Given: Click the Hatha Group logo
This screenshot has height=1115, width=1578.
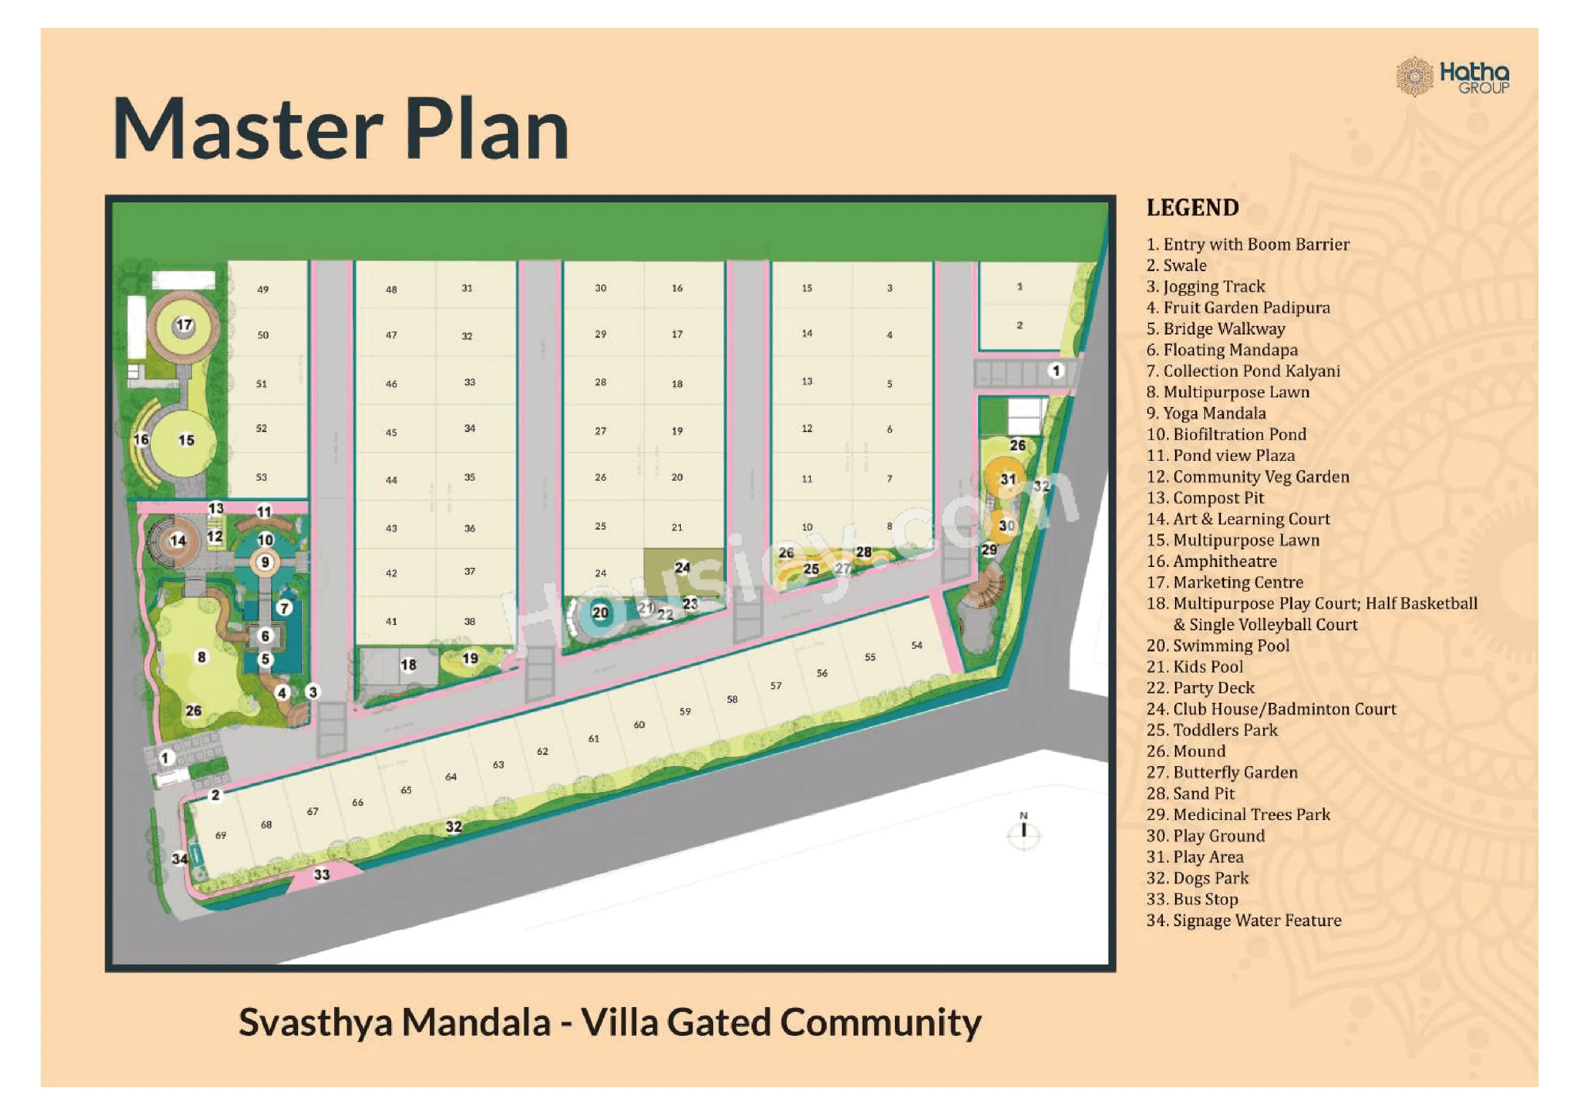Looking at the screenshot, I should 1453,77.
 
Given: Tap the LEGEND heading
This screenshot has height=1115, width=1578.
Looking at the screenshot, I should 1193,207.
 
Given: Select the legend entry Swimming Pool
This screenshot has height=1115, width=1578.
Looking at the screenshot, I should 1218,646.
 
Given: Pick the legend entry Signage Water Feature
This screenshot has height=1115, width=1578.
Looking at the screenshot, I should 1244,921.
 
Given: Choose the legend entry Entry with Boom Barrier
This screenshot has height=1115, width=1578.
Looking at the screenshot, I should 1248,245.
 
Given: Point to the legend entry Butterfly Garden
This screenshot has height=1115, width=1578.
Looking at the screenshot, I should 1222,773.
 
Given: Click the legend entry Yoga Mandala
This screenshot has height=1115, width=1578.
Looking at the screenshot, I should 1206,414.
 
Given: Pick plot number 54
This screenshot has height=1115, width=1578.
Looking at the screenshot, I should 917,646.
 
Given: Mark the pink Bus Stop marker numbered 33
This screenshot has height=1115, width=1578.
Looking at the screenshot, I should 322,874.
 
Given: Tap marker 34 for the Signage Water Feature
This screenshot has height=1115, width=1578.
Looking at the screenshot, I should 179,859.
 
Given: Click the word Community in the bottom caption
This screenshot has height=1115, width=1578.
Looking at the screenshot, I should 881,1022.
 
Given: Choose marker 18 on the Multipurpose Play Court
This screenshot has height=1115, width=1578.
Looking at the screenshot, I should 408,665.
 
